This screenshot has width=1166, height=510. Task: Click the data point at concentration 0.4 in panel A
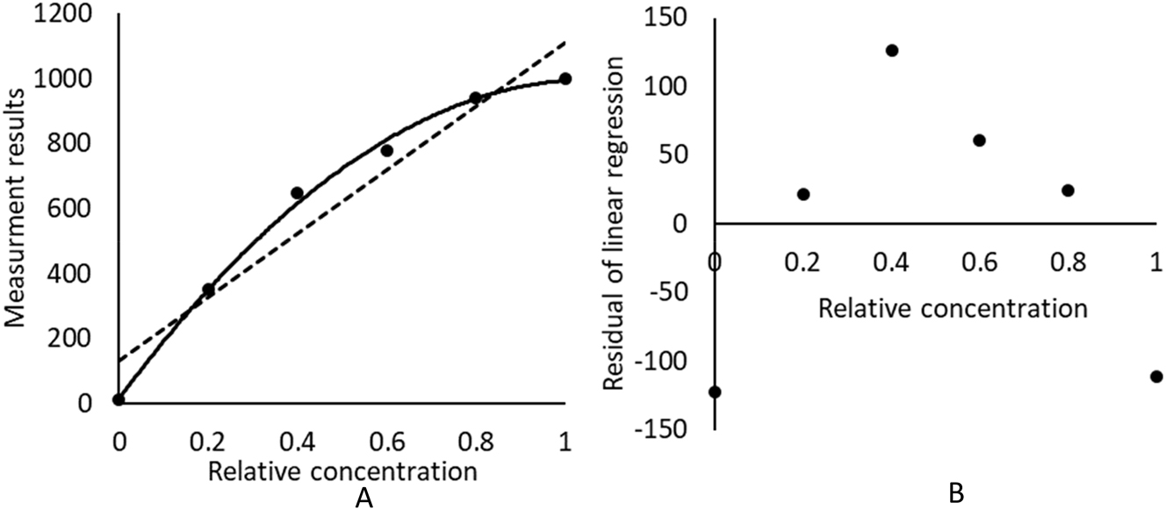click(297, 193)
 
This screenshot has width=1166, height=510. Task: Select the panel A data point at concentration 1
click(565, 79)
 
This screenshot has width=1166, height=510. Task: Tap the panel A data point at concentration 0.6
click(386, 151)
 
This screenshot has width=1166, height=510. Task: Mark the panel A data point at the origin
click(119, 400)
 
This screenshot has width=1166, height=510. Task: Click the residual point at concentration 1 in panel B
click(1156, 377)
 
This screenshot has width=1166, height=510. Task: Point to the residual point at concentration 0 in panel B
click(715, 391)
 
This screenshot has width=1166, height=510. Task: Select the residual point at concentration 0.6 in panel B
click(980, 140)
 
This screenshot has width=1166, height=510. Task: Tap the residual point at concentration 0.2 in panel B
click(803, 194)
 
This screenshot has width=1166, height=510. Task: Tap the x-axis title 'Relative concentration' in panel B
click(953, 309)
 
